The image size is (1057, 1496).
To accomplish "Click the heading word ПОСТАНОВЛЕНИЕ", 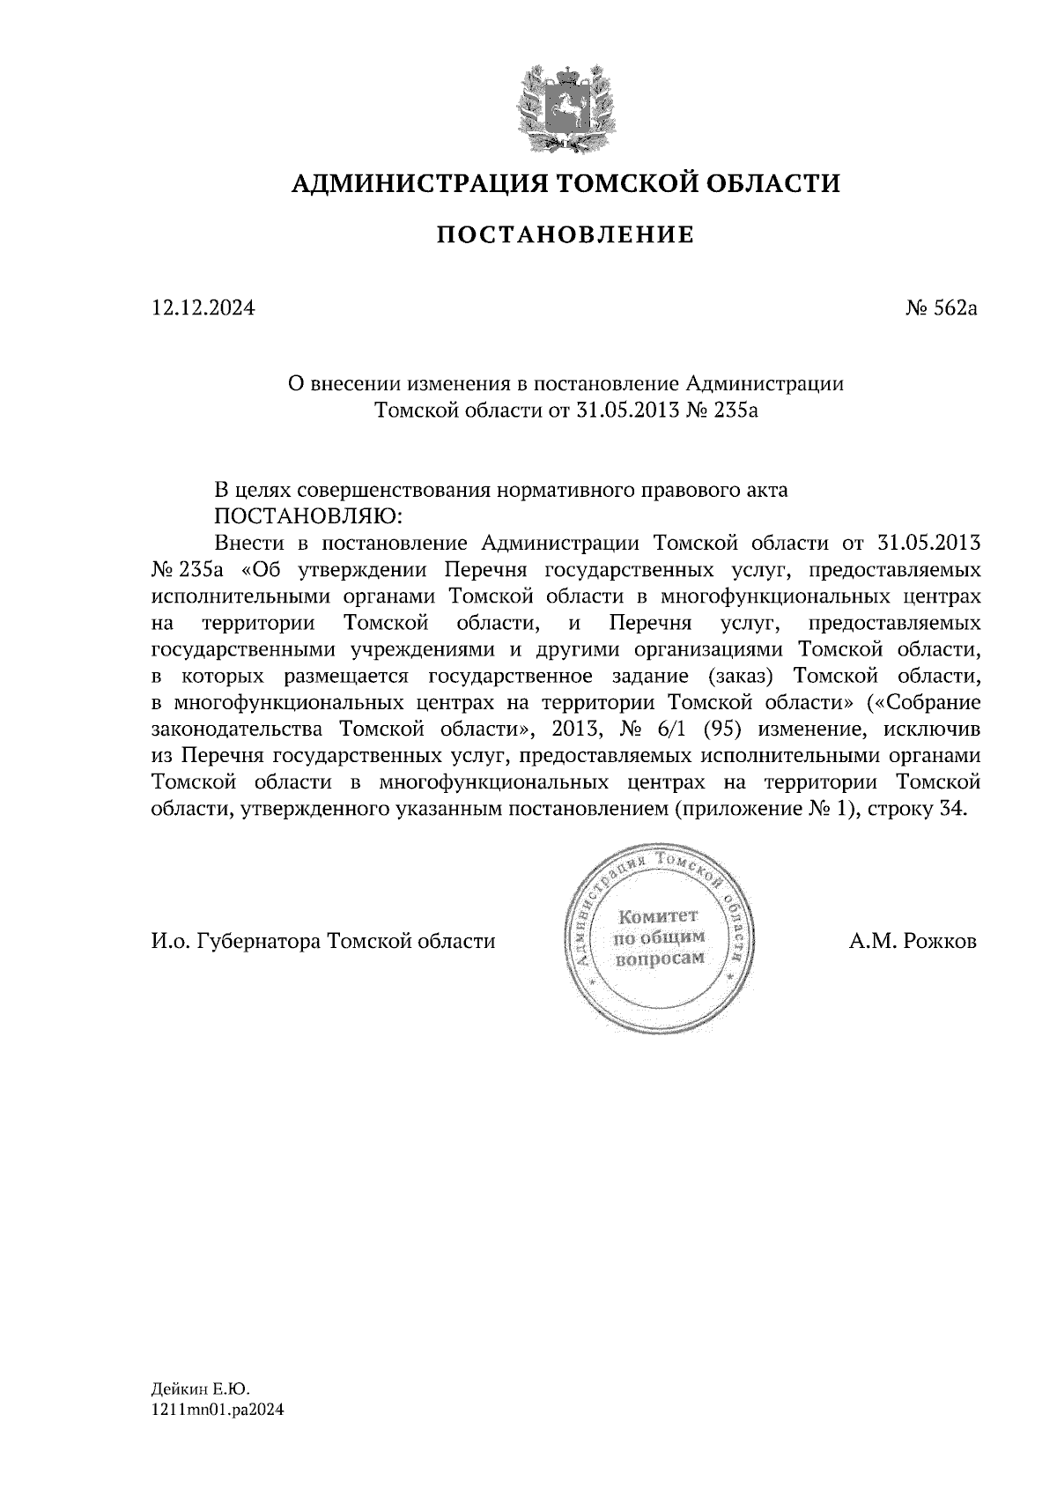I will pos(565,235).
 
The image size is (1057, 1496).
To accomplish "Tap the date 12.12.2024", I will pos(203,308).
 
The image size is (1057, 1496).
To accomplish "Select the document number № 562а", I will pos(942,308).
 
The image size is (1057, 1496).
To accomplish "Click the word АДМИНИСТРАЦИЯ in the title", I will pos(409,183).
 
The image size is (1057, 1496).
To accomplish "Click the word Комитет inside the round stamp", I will pos(659,916).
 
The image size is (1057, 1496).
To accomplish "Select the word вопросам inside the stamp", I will pos(660,959).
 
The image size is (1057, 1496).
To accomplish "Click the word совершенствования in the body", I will pos(395,491).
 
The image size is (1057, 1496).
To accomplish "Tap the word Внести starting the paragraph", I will pos(247,540).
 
